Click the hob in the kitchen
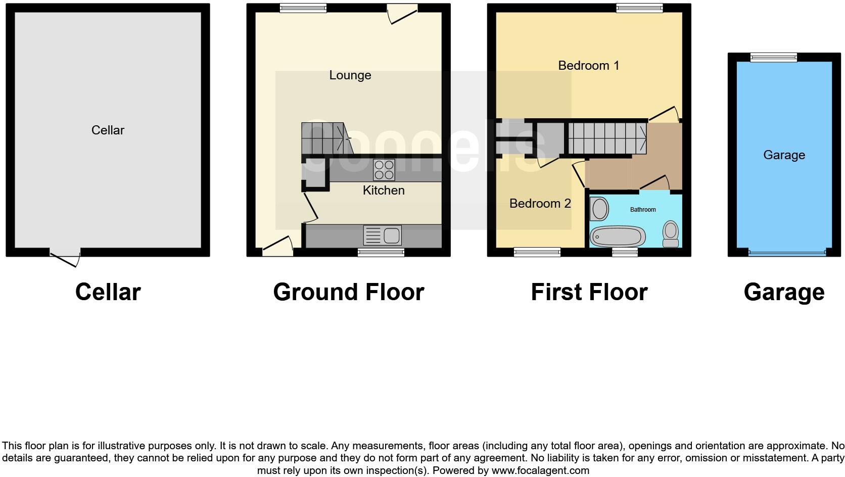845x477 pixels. tap(384, 170)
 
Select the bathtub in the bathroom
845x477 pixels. tap(618, 236)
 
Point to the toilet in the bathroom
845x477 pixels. tap(671, 233)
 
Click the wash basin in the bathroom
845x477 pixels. tap(599, 209)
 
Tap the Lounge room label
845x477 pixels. tap(350, 75)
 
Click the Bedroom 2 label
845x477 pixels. tap(540, 204)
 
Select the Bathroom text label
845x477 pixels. tap(643, 210)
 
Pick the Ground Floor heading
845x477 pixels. tap(348, 292)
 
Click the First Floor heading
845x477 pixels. tap(589, 292)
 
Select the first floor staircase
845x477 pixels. tap(607, 138)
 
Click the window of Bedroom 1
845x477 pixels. tap(639, 8)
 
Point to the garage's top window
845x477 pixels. tap(773, 57)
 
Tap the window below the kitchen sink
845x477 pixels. tap(381, 252)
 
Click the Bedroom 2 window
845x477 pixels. tap(537, 252)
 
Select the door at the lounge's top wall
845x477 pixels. tap(402, 12)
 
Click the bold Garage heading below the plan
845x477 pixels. tap(784, 292)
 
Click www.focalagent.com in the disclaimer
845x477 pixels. tap(540, 470)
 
